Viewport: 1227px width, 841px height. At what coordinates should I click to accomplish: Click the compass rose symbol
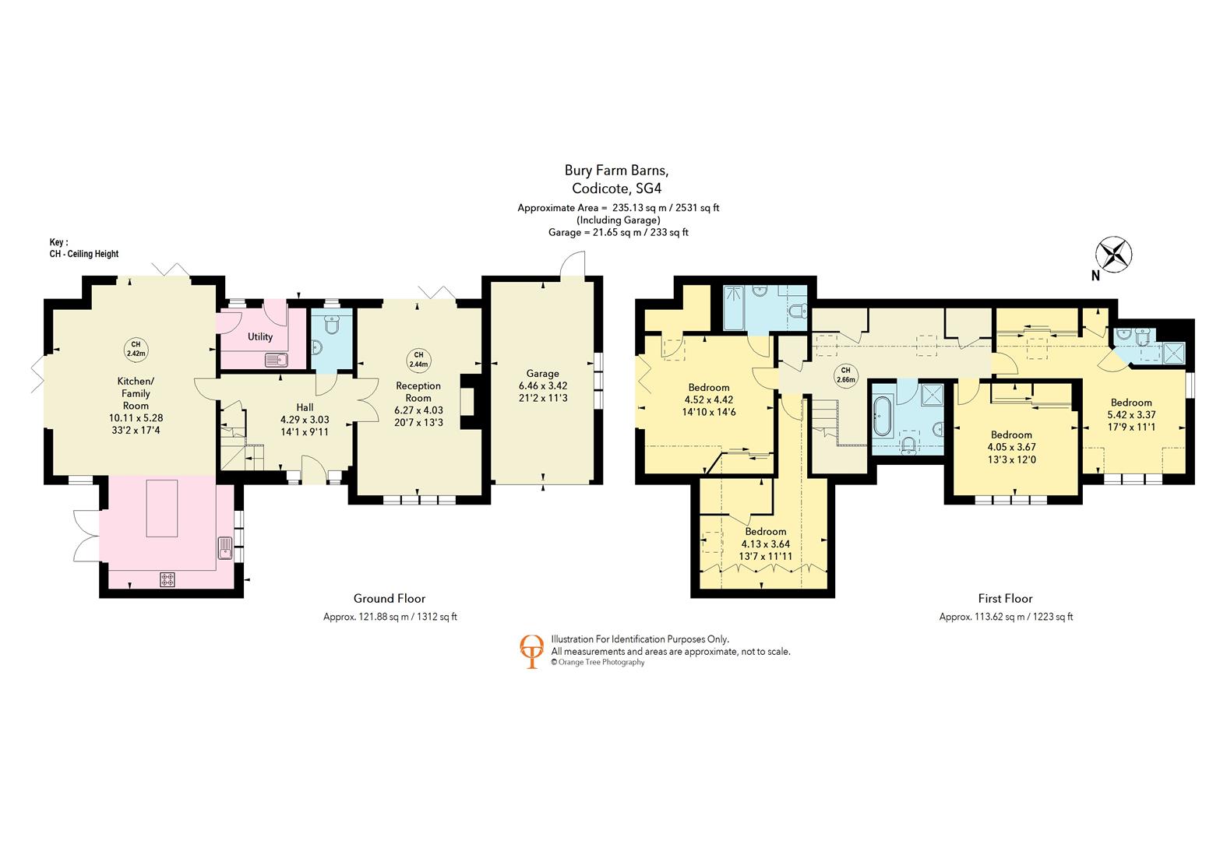[x=1113, y=255]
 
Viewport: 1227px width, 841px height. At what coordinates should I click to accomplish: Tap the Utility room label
[x=259, y=336]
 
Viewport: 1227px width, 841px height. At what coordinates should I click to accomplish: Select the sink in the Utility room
[x=277, y=360]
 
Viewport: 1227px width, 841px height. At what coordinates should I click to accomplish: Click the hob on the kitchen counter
[x=167, y=579]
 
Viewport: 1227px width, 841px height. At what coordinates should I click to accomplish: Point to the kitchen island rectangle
[x=162, y=508]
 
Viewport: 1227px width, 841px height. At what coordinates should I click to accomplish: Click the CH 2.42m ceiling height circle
[x=136, y=349]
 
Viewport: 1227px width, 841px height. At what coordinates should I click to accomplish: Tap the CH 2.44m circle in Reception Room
[x=418, y=360]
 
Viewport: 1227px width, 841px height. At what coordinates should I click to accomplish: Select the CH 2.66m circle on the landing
[x=846, y=375]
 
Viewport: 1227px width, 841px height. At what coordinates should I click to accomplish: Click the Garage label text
[x=542, y=374]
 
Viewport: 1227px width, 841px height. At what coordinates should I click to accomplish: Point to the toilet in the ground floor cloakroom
[x=332, y=324]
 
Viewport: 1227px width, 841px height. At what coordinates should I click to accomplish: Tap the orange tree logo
[x=531, y=652]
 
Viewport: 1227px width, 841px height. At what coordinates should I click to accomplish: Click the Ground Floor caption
[x=390, y=599]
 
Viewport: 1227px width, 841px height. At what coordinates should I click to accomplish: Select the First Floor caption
[x=1005, y=599]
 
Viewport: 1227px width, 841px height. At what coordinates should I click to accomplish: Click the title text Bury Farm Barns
[x=616, y=171]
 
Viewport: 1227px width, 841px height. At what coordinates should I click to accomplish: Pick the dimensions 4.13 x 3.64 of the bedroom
[x=765, y=544]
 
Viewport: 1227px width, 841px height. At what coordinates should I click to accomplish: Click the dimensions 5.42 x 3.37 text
[x=1131, y=414]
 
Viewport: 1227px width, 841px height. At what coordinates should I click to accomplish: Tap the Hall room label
[x=305, y=407]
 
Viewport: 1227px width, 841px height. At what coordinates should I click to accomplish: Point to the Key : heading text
[x=58, y=242]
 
